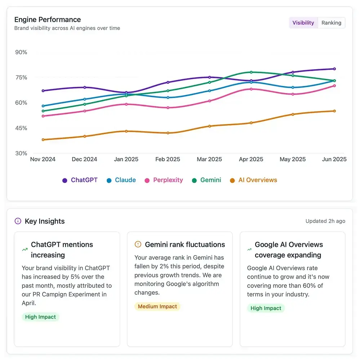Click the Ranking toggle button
tap(331, 23)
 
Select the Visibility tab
tap(303, 23)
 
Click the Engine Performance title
tap(48, 19)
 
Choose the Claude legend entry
tap(121, 180)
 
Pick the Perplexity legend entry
tap(164, 180)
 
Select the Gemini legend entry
tap(206, 180)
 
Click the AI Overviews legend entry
tap(254, 180)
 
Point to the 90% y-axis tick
tap(21, 52)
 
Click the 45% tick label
tap(21, 128)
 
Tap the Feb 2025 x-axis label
tap(168, 159)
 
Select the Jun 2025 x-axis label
tap(334, 159)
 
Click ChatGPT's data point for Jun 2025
tap(334, 69)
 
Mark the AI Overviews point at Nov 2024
tap(43, 139)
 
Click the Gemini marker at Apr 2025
tap(251, 72)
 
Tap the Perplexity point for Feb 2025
tap(168, 107)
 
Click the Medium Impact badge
tap(157, 306)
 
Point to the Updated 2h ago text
tap(325, 221)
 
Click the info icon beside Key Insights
tap(18, 221)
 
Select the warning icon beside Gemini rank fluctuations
tap(138, 244)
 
